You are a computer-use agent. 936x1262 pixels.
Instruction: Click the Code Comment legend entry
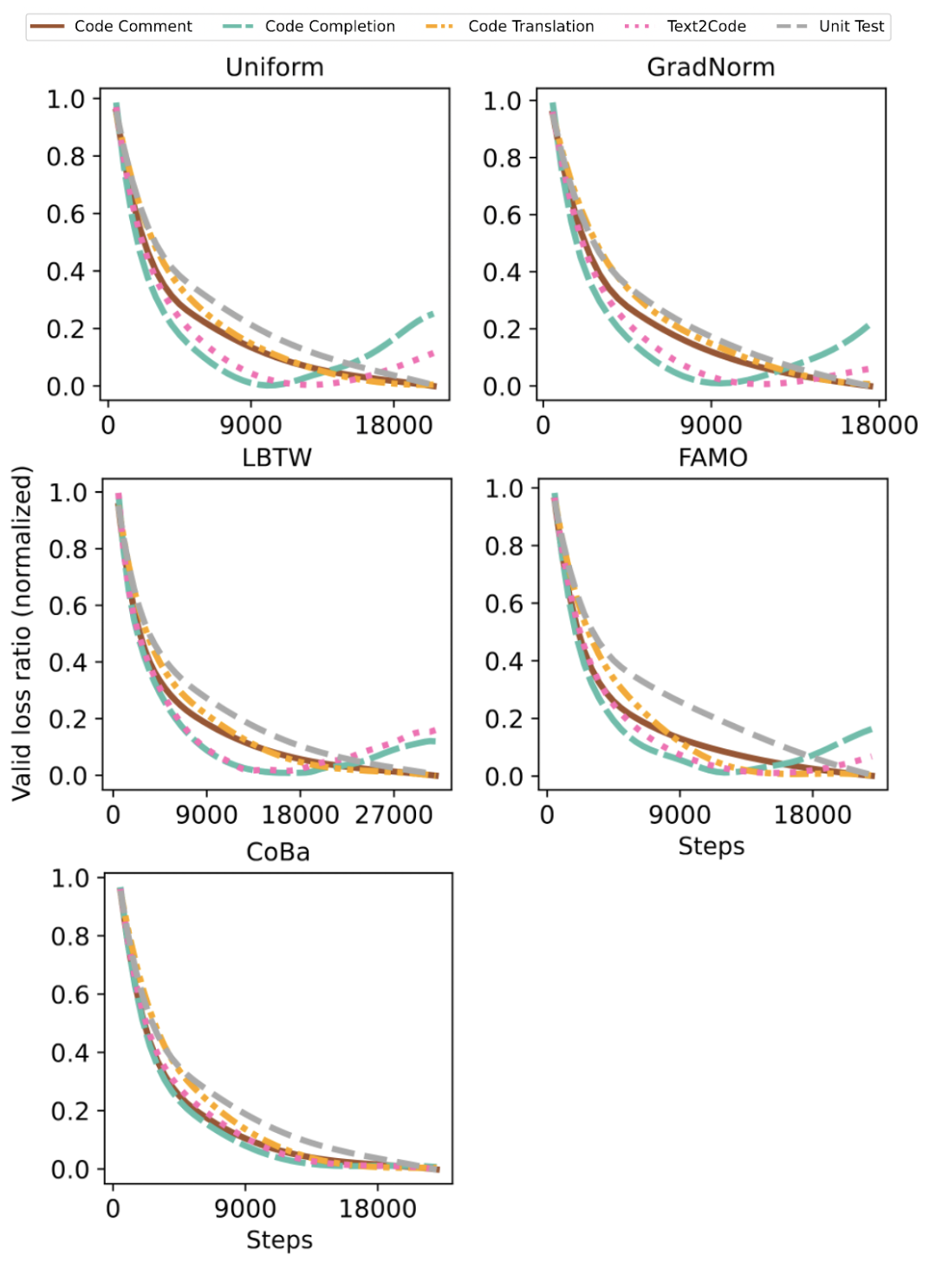point(133,27)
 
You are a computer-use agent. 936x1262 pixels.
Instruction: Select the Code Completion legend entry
point(329,27)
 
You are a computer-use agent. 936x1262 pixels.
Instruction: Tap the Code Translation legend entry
point(530,27)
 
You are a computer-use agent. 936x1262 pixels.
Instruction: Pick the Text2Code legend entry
point(705,27)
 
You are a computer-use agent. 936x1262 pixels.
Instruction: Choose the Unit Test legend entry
point(851,27)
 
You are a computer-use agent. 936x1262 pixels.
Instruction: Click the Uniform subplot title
point(275,68)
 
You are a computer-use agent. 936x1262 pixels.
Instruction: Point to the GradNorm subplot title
point(711,68)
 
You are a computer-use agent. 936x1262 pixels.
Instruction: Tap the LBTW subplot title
point(276,457)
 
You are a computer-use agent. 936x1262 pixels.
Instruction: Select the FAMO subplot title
point(712,457)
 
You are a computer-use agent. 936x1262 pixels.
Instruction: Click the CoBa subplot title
point(278,852)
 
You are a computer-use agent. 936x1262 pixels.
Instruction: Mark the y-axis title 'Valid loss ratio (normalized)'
point(22,633)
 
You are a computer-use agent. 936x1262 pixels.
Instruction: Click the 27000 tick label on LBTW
point(393,815)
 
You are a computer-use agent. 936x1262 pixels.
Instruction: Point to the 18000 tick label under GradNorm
point(879,425)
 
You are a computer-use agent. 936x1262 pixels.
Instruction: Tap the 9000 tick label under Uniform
point(250,425)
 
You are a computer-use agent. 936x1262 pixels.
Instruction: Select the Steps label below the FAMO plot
point(712,846)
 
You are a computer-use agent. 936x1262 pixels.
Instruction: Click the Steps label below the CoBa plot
point(279,1240)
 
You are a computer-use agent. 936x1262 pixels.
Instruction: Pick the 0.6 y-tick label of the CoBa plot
point(70,994)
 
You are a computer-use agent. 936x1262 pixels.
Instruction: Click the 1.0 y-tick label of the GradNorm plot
point(502,101)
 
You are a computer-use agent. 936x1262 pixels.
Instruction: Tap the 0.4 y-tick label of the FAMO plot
point(504,662)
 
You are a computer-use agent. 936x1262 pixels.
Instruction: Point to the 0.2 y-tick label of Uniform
point(66,329)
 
